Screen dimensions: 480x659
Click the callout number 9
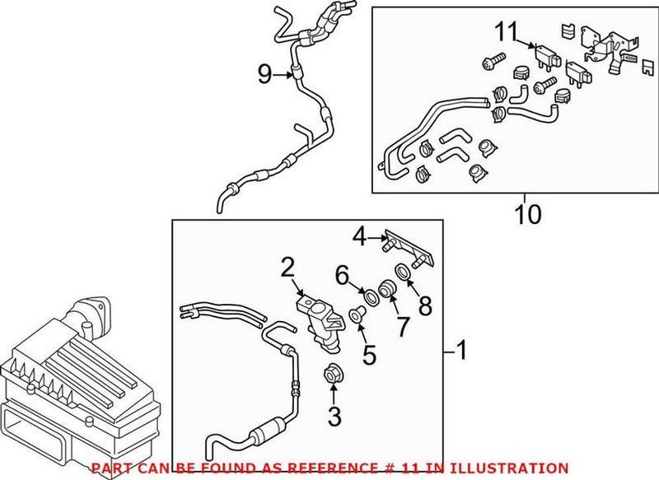tap(264, 75)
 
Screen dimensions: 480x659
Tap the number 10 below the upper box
tap(528, 215)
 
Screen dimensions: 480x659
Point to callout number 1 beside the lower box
tap(462, 352)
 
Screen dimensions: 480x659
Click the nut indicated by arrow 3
tap(334, 372)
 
